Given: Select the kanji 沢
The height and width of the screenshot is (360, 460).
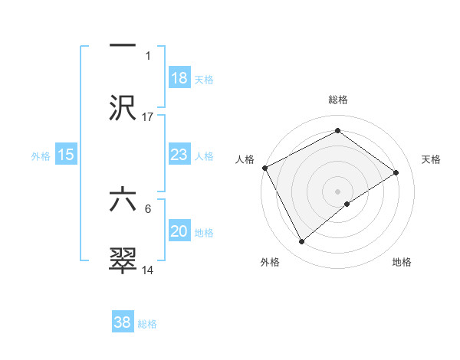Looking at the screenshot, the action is [x=123, y=107].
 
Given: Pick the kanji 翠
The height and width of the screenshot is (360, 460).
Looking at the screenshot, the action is [x=123, y=260].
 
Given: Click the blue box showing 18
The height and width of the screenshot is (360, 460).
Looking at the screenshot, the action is [x=179, y=79].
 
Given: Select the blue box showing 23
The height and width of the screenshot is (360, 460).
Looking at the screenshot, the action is [x=179, y=155].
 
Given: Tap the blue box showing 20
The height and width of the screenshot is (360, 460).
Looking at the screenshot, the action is [x=179, y=232].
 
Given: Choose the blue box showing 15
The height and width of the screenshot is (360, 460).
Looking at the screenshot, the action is [x=66, y=155].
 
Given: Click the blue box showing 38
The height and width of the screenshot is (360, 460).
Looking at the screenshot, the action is [x=123, y=323].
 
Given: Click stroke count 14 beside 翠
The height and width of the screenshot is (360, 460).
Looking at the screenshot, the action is [x=148, y=270].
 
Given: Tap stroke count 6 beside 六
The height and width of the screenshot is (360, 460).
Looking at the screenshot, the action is [x=148, y=208].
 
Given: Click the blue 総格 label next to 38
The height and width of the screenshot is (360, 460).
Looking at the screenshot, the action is [x=147, y=324].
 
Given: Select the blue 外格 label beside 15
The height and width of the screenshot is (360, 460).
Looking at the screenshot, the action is [x=41, y=155].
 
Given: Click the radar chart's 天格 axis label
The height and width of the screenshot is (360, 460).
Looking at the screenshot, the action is [x=432, y=159].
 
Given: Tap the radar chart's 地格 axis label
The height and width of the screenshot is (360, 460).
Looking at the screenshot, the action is [x=402, y=262].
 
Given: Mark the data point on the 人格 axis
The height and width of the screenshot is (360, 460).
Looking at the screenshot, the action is [x=264, y=168].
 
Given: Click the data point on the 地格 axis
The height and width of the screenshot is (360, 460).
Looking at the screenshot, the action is [x=347, y=204].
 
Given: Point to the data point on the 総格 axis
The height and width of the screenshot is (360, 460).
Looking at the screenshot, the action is [x=337, y=130].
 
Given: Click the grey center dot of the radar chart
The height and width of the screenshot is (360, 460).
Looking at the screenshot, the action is [x=337, y=191].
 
